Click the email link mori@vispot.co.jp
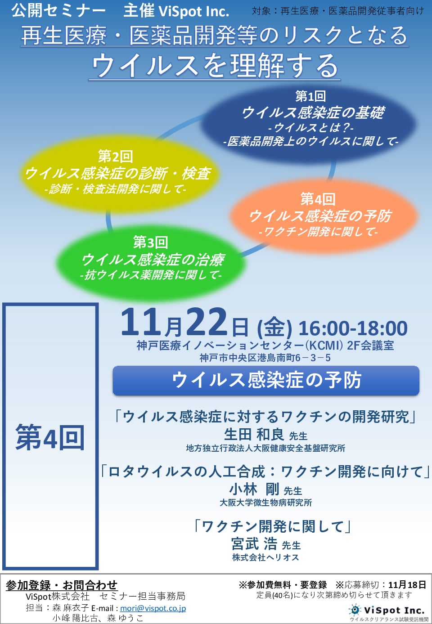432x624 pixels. pos(153,608)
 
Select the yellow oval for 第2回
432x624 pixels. pos(118,173)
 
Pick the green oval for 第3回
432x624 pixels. pos(151,262)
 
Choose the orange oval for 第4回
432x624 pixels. pos(323,216)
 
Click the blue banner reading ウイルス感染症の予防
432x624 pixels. pos(266,381)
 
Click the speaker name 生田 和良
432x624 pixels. pos(254,434)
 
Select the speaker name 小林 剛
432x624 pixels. pos(254,489)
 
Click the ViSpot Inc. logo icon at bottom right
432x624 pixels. pos(355,610)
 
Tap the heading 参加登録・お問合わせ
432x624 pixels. pos(62,585)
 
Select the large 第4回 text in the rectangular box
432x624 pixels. pos(50,438)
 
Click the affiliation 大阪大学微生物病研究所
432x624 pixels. pos(265,503)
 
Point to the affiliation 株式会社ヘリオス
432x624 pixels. pos(265,557)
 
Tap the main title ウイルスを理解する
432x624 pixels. pos(215,66)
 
